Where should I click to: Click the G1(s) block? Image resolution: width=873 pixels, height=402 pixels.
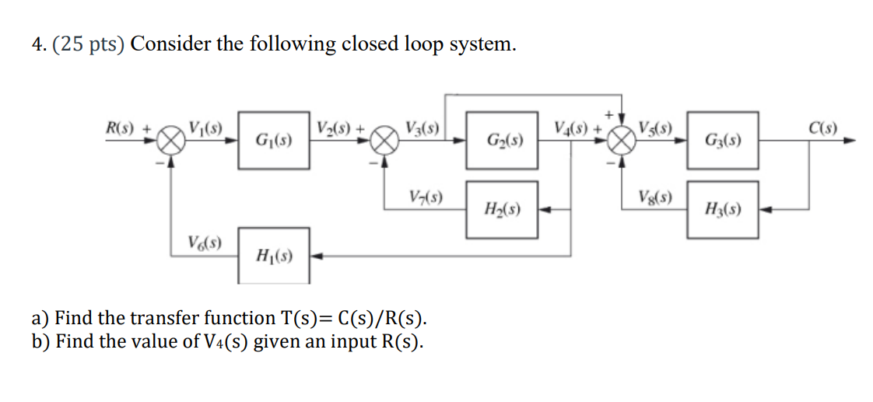click(274, 141)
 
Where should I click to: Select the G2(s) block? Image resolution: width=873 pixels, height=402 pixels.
click(502, 141)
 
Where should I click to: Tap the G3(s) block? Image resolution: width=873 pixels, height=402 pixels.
click(721, 141)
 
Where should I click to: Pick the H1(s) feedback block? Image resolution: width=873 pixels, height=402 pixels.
click(274, 254)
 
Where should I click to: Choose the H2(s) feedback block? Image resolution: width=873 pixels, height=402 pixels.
click(502, 209)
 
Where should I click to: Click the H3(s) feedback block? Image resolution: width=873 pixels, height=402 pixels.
click(721, 209)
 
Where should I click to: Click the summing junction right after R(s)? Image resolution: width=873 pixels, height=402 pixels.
click(171, 142)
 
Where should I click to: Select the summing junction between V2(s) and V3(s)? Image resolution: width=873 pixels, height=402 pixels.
click(384, 142)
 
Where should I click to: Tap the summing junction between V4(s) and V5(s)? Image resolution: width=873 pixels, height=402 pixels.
click(621, 142)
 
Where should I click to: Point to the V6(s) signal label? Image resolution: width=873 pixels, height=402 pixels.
click(205, 242)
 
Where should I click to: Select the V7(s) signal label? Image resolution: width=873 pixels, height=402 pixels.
click(425, 197)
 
